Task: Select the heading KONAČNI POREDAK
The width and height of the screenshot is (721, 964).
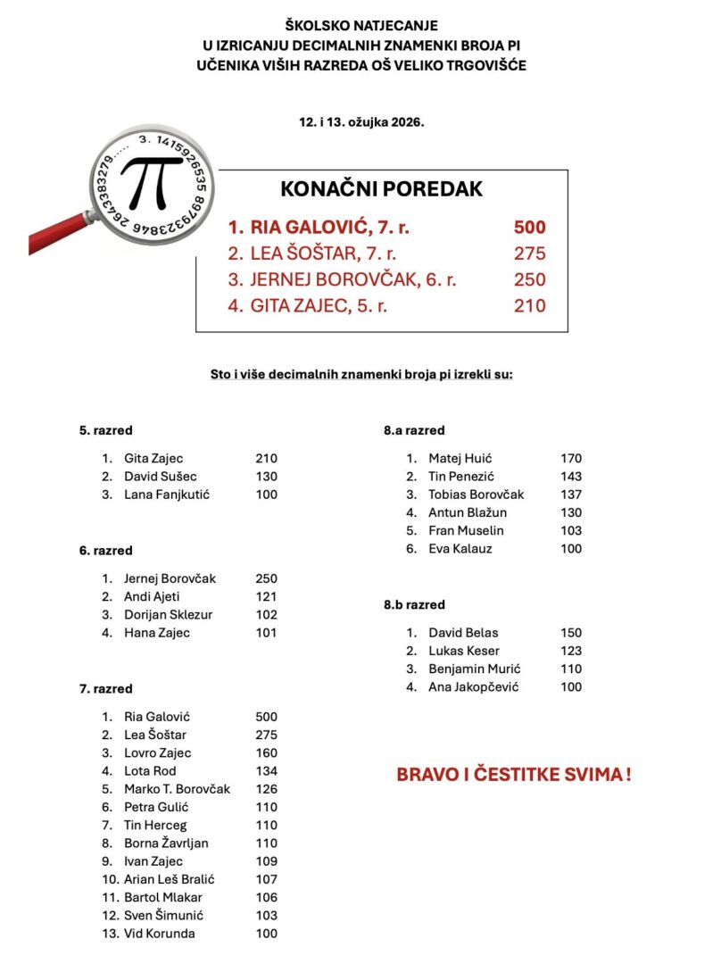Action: point(381,189)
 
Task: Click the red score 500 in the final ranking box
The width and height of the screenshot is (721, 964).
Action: point(529,227)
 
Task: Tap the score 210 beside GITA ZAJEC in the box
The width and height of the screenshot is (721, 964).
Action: point(529,306)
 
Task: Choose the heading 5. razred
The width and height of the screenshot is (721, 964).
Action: point(105,430)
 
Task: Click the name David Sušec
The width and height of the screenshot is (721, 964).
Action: point(161,477)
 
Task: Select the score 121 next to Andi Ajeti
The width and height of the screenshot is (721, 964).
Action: point(266,597)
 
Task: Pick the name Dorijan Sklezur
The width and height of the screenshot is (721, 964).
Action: point(168,615)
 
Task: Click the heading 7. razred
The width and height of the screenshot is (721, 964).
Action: point(105,689)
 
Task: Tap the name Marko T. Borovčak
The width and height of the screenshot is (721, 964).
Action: point(177,789)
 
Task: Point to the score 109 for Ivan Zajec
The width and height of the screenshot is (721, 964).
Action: point(266,861)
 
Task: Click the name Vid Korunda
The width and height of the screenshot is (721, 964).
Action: point(159,934)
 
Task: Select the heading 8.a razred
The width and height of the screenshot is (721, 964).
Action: point(414,430)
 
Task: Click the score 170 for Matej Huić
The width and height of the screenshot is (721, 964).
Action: point(571,459)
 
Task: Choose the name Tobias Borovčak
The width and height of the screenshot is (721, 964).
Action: point(476,494)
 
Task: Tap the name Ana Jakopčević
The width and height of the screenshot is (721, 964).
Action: point(473,687)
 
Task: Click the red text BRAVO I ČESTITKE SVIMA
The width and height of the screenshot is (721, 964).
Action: point(514,775)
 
